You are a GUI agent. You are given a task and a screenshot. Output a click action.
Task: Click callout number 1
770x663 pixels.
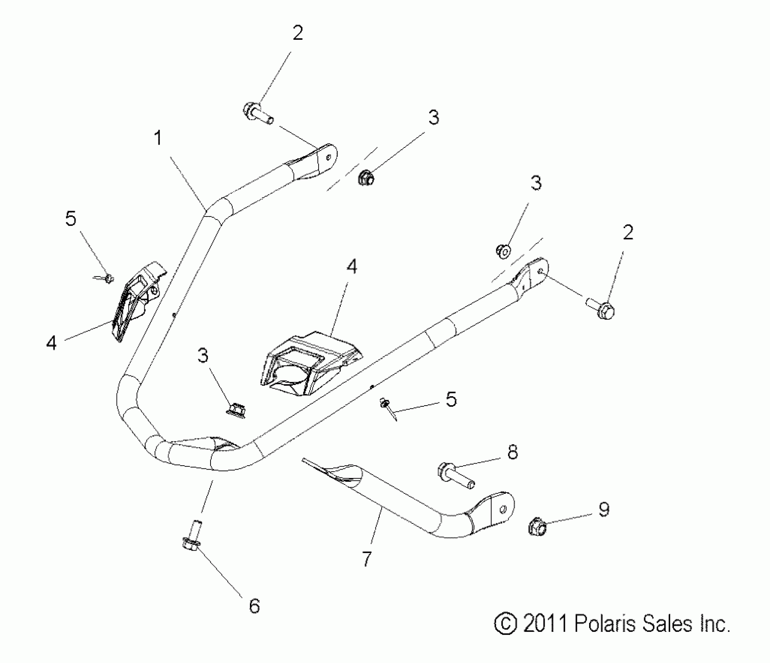pos(158,138)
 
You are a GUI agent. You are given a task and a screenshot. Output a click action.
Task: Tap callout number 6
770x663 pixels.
pos(254,606)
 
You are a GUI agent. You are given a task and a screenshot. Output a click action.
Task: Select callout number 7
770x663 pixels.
pos(366,559)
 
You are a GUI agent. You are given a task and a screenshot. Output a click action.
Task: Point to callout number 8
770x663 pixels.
pos(512,452)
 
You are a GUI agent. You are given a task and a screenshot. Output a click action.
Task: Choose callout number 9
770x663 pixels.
pos(604,509)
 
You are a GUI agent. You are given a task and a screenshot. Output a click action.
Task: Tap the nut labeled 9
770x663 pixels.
pos(537,527)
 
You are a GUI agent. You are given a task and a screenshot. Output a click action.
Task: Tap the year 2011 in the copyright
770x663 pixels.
pos(545,624)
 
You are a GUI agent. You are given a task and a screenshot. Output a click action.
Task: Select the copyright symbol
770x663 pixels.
pos(505,624)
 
